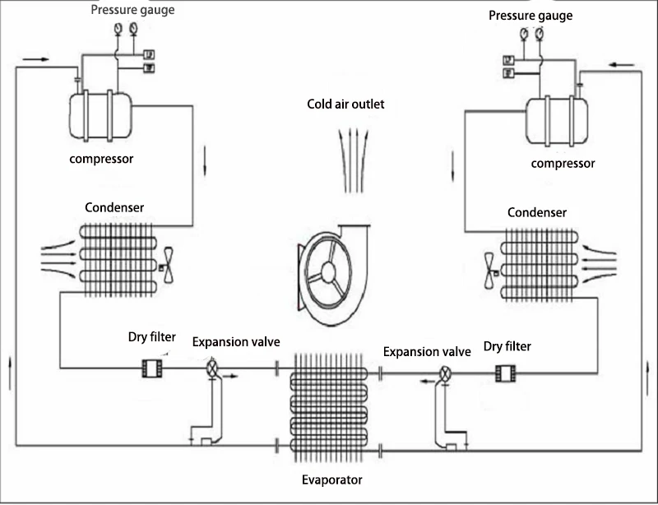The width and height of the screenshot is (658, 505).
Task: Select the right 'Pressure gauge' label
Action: pyautogui.click(x=531, y=16)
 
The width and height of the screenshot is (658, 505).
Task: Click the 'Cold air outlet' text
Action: pyautogui.click(x=345, y=104)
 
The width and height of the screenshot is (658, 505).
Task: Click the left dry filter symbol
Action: pyautogui.click(x=153, y=368)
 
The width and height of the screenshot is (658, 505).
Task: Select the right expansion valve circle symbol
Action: pyautogui.click(x=445, y=373)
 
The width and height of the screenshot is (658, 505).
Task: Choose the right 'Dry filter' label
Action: pyautogui.click(x=507, y=346)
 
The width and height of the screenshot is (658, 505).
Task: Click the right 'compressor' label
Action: pyautogui.click(x=563, y=163)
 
